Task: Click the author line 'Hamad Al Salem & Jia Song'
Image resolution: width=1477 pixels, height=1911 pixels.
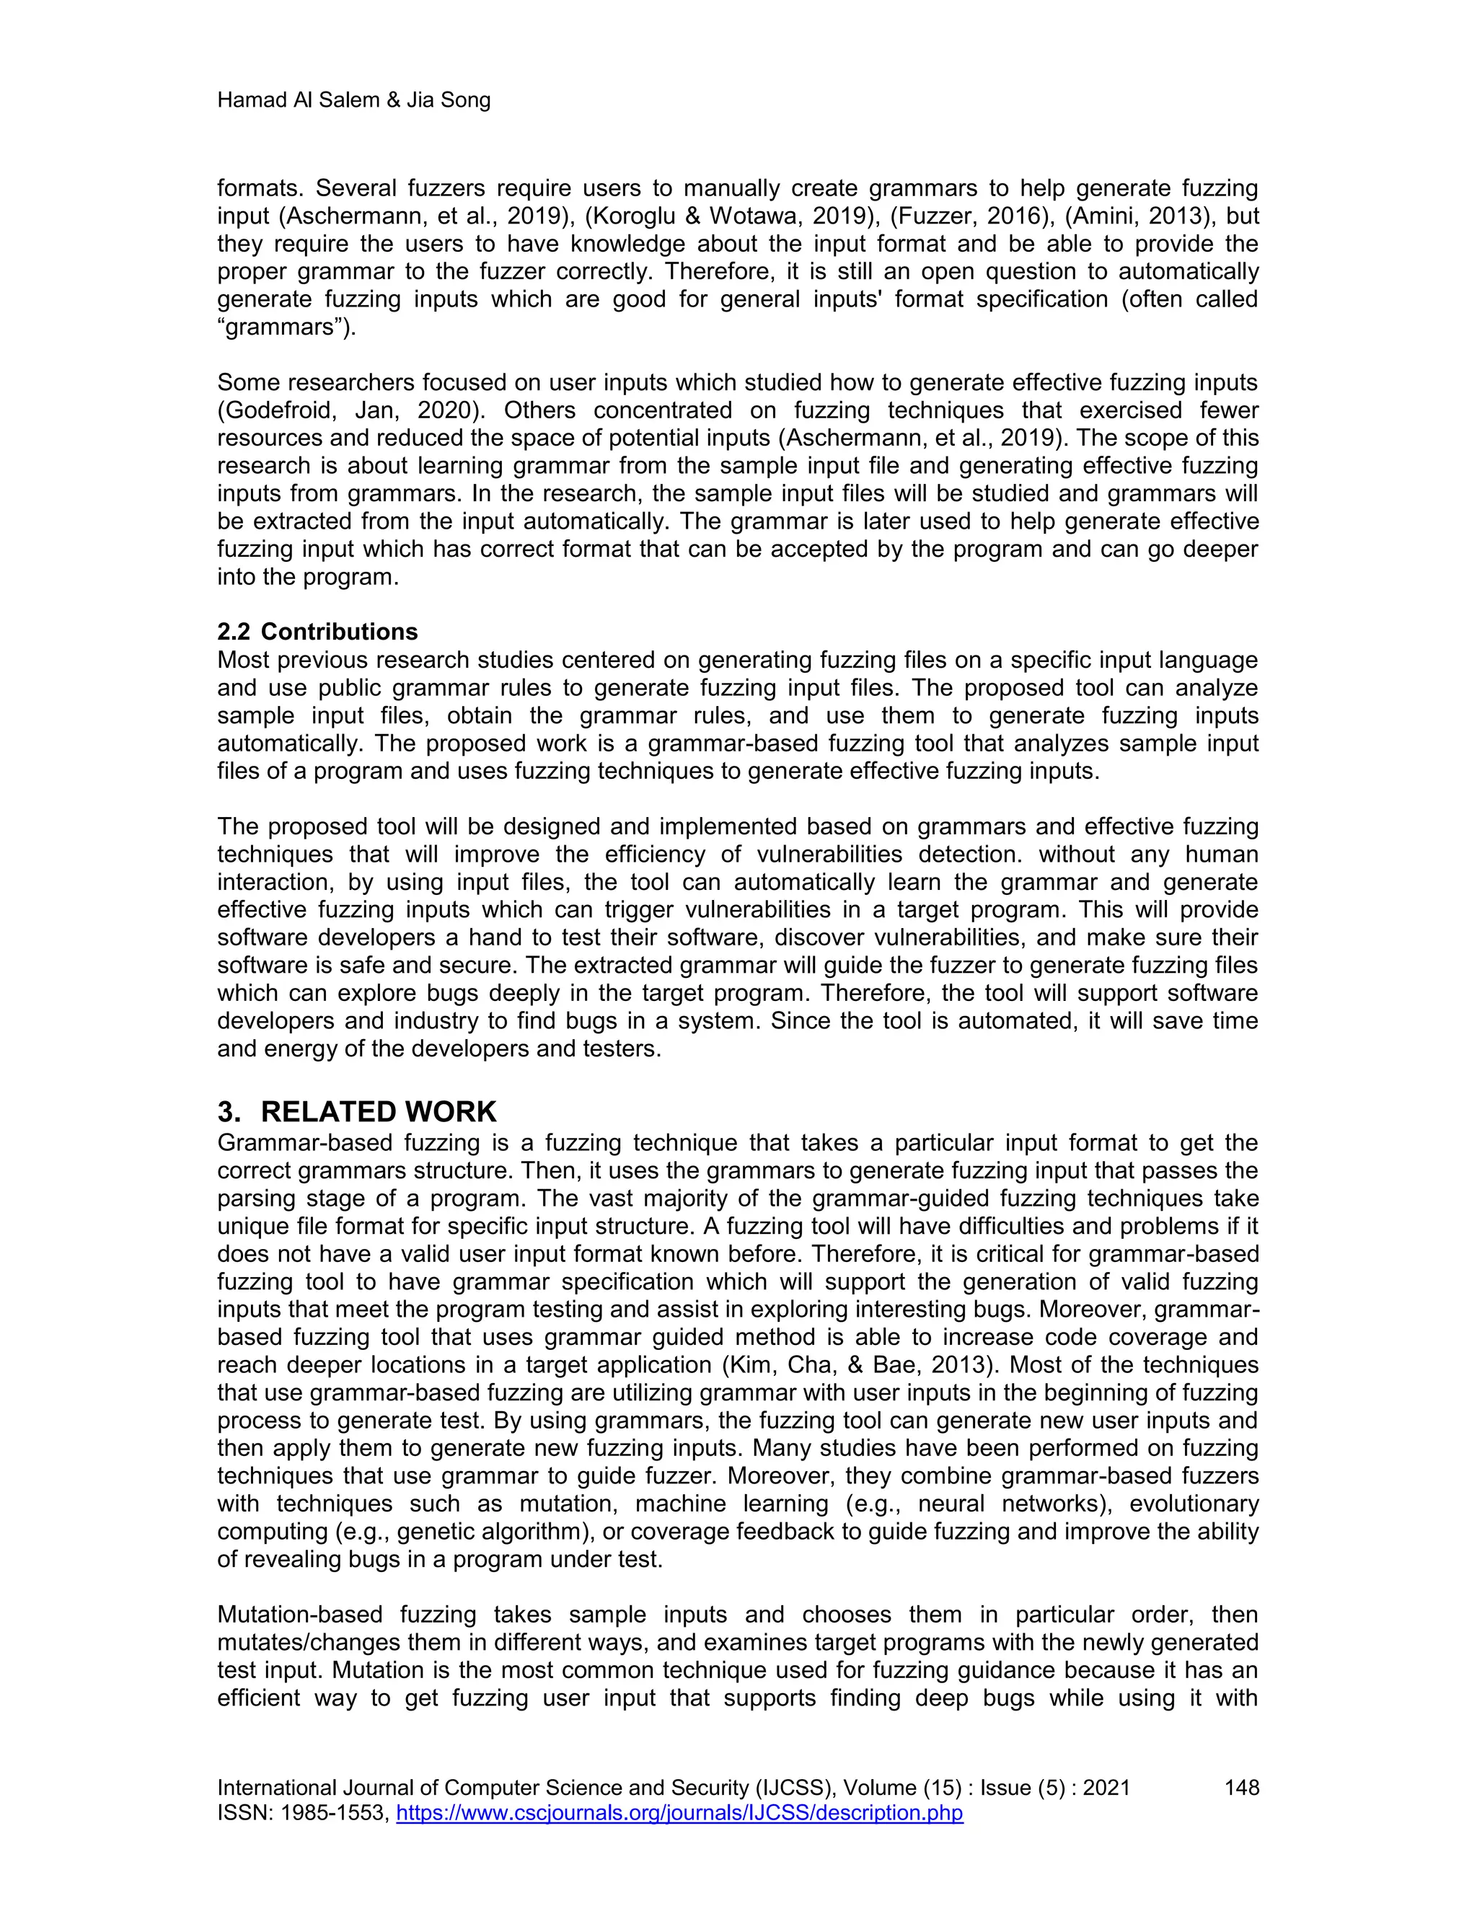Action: tap(353, 101)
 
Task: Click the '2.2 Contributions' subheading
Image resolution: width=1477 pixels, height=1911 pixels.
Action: tap(317, 631)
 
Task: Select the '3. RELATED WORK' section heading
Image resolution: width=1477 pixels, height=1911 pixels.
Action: tap(356, 1111)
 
